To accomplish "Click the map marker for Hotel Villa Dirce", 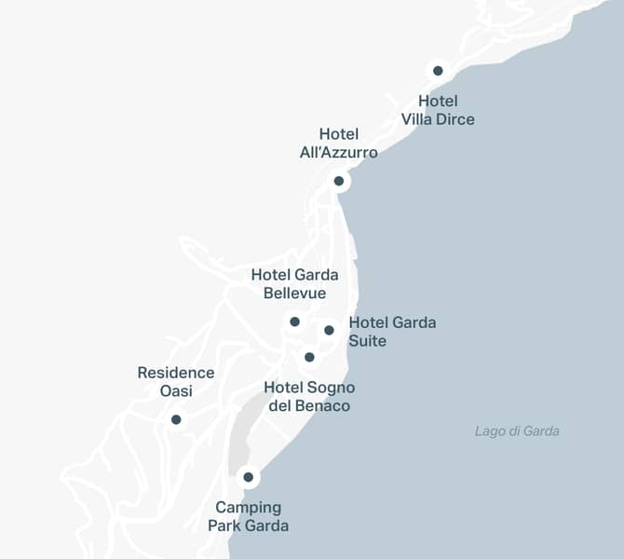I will coord(438,71).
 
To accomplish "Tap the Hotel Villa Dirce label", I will coord(438,110).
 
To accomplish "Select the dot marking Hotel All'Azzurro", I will coord(339,181).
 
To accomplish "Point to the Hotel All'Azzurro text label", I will coord(339,143).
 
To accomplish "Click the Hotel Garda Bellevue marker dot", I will coord(294,321).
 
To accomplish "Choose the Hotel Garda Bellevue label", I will coord(294,284).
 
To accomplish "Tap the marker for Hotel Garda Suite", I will coord(329,330).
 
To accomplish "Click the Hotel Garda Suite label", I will coord(392,332).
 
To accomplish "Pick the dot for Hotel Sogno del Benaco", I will coord(309,357).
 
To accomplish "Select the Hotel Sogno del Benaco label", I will coord(309,397).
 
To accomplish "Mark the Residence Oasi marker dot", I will coord(176,419).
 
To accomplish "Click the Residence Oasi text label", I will coord(176,382).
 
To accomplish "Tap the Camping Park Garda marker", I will coord(248,477).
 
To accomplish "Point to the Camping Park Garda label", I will coord(248,516).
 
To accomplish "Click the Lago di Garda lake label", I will coord(517,431).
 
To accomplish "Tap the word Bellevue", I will coord(294,293).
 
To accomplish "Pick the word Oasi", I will coord(176,391).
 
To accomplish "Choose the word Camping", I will coord(248,507).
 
